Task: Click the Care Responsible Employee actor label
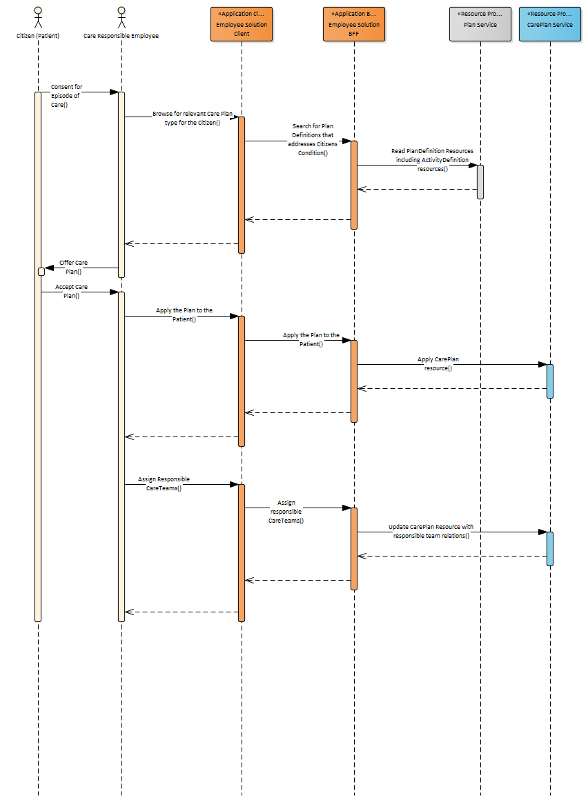pyautogui.click(x=121, y=36)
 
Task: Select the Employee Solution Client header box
pyautogui.click(x=242, y=24)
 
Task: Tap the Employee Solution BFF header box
pyautogui.click(x=354, y=24)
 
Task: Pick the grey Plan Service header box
pyautogui.click(x=480, y=24)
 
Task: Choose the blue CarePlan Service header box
pyautogui.click(x=550, y=24)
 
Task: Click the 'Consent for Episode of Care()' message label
pyautogui.click(x=66, y=96)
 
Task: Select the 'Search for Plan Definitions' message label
pyautogui.click(x=313, y=139)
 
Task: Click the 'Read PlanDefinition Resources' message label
pyautogui.click(x=432, y=159)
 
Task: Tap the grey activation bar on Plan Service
pyautogui.click(x=480, y=182)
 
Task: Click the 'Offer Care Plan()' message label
pyautogui.click(x=74, y=267)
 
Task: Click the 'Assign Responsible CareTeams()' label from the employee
pyautogui.click(x=164, y=483)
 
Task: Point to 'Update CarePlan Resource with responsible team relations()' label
pyautogui.click(x=431, y=531)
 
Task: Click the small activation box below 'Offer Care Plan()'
pyautogui.click(x=41, y=272)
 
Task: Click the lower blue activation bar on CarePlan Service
pyautogui.click(x=550, y=548)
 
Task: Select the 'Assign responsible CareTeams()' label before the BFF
pyautogui.click(x=286, y=512)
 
